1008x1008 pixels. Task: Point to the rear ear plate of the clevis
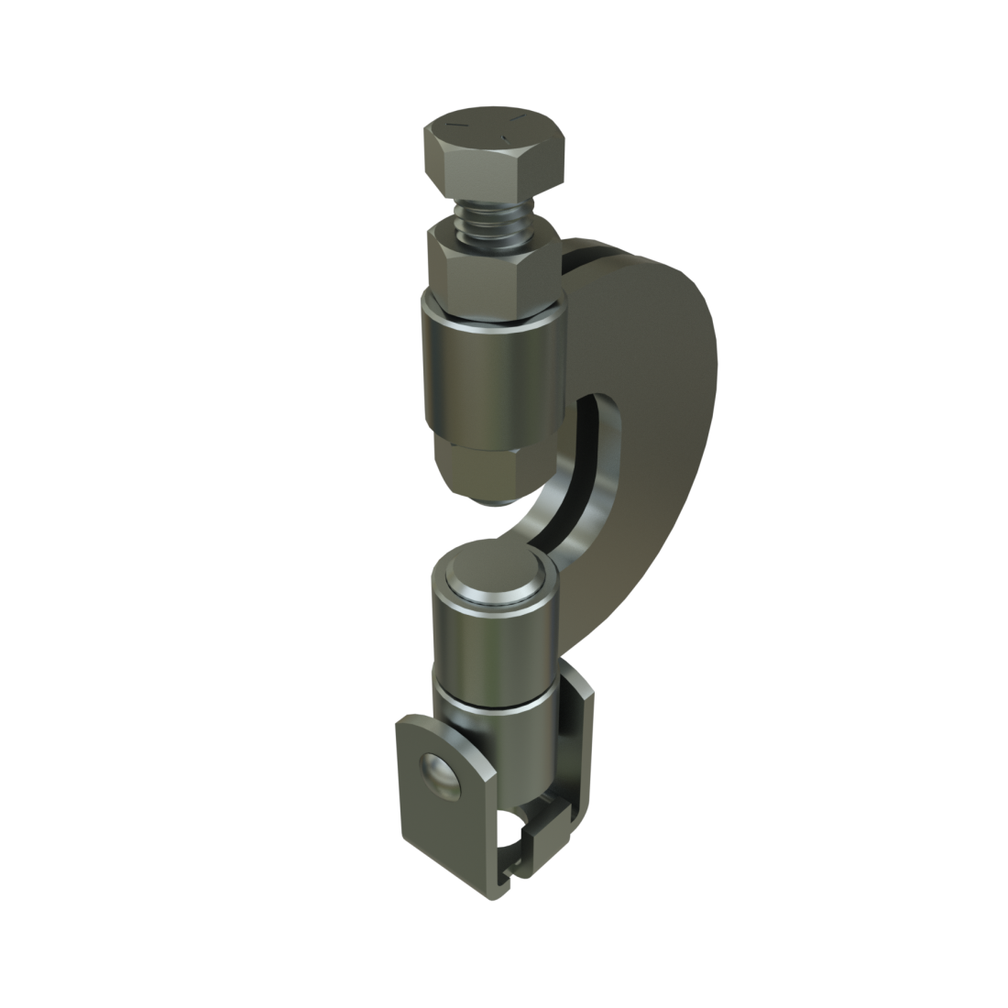click(573, 733)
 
